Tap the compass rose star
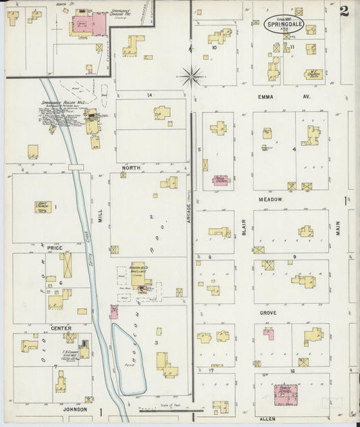(x=191, y=76)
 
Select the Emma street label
(x=266, y=97)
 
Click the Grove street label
(x=268, y=313)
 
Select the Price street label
(x=55, y=249)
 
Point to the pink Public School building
(x=287, y=394)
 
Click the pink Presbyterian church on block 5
(x=221, y=180)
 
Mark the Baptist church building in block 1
(x=43, y=206)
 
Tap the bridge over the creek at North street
(x=75, y=166)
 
